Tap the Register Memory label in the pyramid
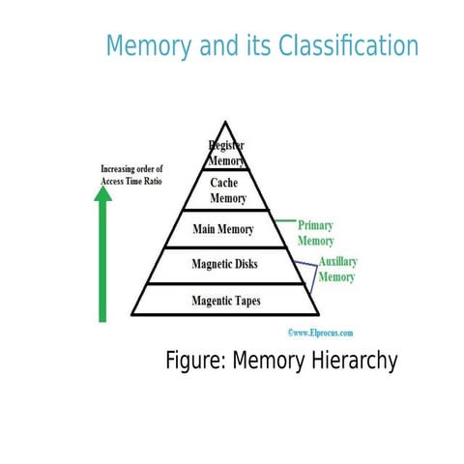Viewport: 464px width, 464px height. coord(226,153)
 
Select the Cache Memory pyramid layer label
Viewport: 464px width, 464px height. coord(228,190)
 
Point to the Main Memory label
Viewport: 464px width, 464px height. coord(223,230)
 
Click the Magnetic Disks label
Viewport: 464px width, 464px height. coord(225,264)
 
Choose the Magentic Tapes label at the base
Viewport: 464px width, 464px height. coord(225,301)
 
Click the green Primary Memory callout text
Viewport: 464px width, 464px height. coord(315,232)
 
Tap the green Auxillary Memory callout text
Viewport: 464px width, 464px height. coord(335,269)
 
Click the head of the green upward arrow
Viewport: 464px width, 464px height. coord(103,194)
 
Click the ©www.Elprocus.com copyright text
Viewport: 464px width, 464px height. coord(321,331)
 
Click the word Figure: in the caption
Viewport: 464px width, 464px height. coord(196,362)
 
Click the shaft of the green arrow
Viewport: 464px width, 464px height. coord(103,261)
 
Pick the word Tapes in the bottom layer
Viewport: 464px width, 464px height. coord(243,301)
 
